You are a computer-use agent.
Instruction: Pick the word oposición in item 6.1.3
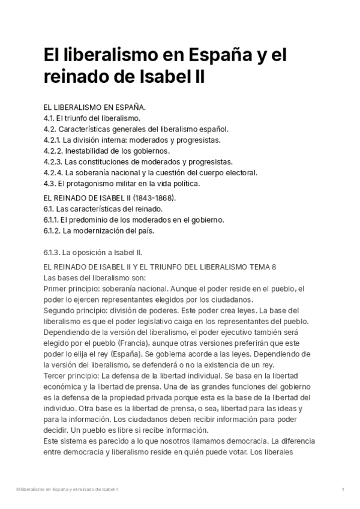[x=90, y=252]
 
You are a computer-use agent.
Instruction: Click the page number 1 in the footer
[x=342, y=490]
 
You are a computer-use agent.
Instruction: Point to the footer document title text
[x=67, y=490]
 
